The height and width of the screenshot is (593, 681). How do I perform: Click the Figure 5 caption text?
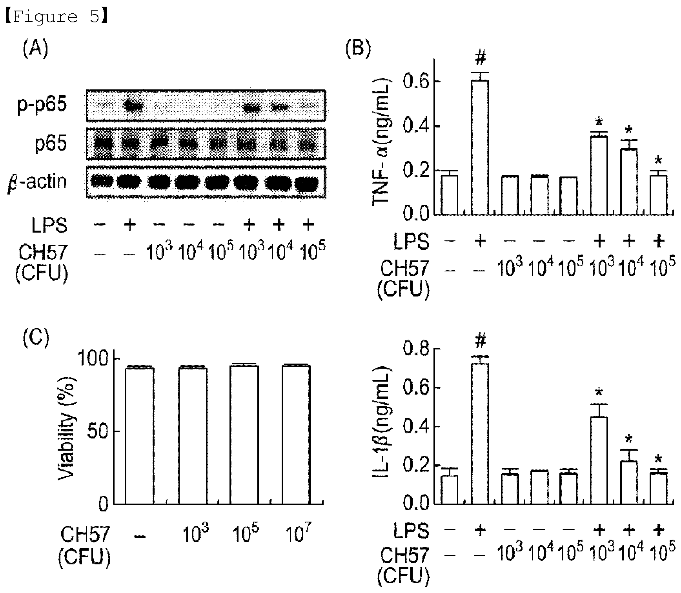pyautogui.click(x=55, y=17)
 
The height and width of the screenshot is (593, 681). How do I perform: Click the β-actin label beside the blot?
pyautogui.click(x=38, y=182)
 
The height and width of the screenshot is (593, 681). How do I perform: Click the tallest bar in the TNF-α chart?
pyautogui.click(x=480, y=147)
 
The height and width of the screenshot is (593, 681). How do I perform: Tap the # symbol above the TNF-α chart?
pyautogui.click(x=480, y=59)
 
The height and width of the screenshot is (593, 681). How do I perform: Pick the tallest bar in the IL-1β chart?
pyautogui.click(x=480, y=433)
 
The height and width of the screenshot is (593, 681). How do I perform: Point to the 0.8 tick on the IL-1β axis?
pyautogui.click(x=417, y=349)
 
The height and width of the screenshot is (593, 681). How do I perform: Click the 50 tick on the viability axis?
pyautogui.click(x=96, y=431)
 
